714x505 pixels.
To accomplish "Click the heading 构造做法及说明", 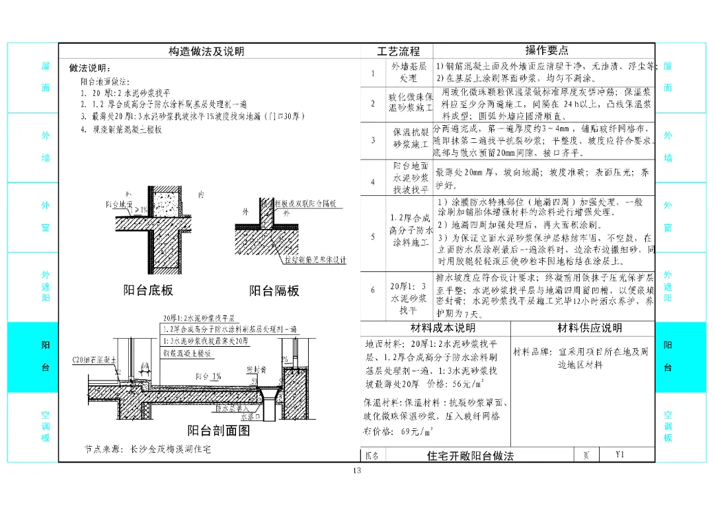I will [206, 51].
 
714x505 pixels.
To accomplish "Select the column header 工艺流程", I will [398, 51].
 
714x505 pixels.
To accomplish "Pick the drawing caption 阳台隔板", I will [274, 291].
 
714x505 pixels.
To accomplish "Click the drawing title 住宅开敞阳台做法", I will [470, 455].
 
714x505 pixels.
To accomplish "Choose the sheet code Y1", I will [619, 455].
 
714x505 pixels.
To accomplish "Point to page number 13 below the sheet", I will [356, 471].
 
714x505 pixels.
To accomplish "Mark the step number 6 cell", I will [373, 290].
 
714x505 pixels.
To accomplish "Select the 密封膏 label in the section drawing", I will [255, 369].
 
